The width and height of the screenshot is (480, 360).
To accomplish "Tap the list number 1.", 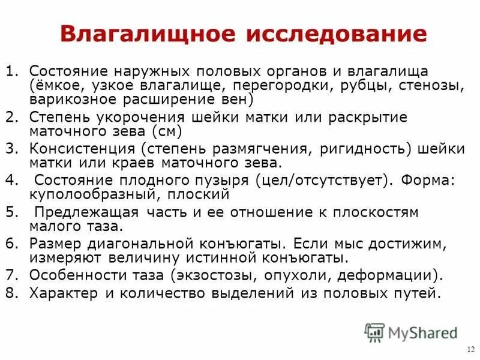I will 11,70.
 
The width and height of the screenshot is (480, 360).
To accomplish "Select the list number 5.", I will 11,212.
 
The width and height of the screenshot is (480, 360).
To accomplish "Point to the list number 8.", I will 11,293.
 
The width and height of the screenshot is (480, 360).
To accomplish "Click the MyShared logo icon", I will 375,331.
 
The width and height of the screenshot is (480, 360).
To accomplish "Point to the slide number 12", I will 469,350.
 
